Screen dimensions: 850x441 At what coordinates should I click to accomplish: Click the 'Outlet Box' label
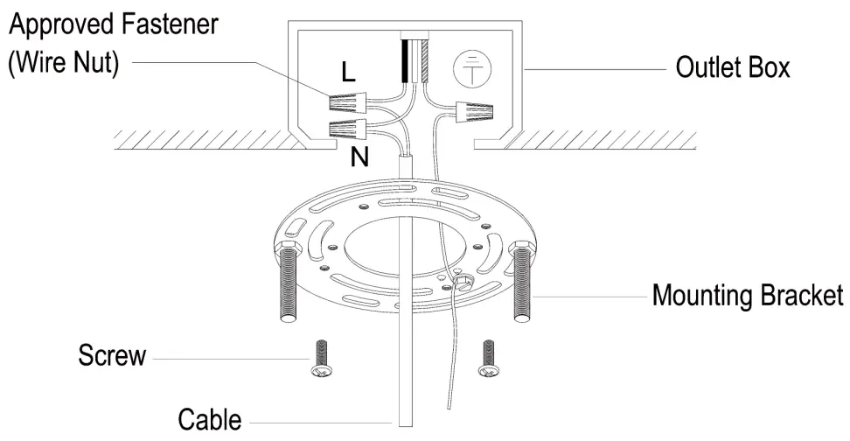pos(733,67)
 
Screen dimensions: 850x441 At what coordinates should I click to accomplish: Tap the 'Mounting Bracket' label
pos(748,296)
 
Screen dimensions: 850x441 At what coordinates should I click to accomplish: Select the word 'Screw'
pos(112,356)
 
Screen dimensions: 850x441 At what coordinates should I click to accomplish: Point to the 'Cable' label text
pos(209,418)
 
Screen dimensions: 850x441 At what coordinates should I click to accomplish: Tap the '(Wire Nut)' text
pos(63,63)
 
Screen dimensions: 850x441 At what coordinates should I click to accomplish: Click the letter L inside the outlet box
pos(348,73)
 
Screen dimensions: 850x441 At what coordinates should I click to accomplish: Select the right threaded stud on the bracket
pos(522,282)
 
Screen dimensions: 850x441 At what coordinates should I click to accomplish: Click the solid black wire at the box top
pos(406,61)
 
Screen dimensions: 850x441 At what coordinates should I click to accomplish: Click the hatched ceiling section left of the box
pos(201,137)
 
